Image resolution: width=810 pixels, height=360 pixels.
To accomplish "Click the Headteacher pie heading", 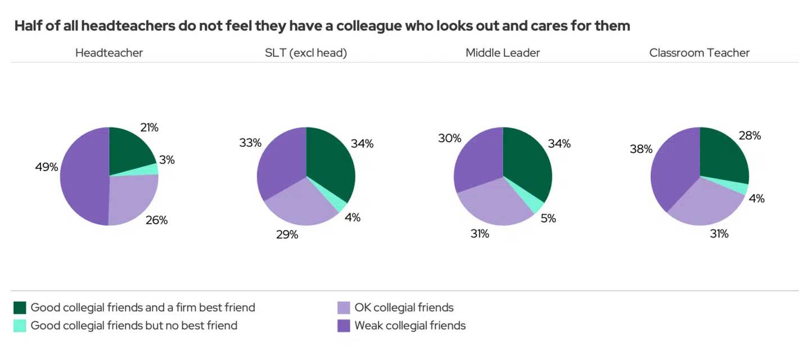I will [109, 53].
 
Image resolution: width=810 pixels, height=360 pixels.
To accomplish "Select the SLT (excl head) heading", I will [306, 53].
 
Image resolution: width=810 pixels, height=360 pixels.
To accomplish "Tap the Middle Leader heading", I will [502, 53].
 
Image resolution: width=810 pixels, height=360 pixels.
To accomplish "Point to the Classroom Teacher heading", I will [699, 53].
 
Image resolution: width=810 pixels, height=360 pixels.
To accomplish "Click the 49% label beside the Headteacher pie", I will [47, 167].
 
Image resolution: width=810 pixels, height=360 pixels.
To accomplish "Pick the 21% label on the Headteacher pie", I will [148, 128].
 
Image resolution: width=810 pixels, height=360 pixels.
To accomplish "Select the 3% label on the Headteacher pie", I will [167, 160].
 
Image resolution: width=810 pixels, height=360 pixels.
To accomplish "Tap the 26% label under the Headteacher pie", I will [156, 220].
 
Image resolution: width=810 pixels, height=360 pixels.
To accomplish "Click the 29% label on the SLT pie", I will [287, 235].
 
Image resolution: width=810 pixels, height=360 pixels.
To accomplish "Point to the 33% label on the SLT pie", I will [250, 143].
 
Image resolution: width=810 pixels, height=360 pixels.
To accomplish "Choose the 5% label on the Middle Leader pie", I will [548, 218].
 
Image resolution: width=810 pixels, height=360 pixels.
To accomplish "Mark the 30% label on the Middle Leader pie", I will [449, 138].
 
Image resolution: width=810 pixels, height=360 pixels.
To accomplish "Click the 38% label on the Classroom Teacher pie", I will [641, 149].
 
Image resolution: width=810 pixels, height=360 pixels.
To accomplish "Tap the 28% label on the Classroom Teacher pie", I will [749, 136].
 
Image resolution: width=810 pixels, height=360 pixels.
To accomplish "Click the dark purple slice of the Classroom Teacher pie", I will [672, 169].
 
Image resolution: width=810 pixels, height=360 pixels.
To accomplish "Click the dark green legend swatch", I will [20, 308].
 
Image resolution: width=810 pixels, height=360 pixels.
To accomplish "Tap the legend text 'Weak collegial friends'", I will [409, 326].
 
